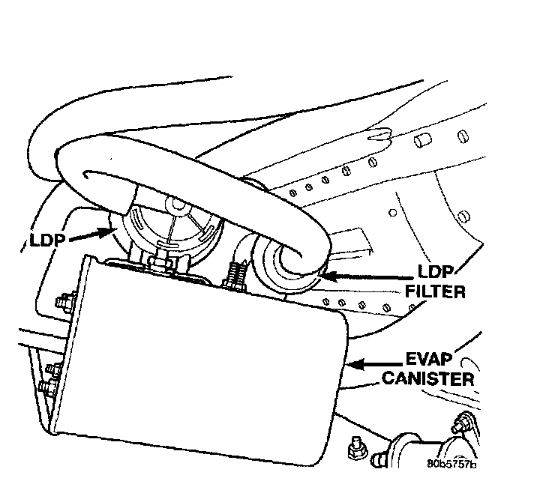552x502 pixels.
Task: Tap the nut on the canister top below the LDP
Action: click(x=160, y=263)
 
